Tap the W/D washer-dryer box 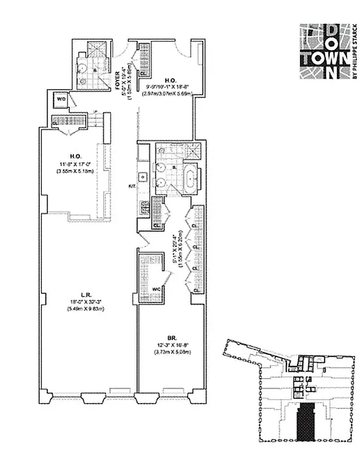[61, 100]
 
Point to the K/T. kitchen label [132, 186]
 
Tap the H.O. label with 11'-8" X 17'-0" [75, 156]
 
